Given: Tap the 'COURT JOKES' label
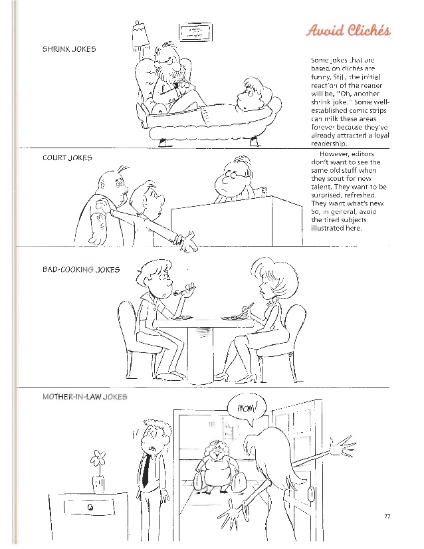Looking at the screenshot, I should pos(67,158).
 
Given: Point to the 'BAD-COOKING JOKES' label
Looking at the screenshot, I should pos(81,269).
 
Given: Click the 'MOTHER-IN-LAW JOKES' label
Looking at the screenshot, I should pos(84,397).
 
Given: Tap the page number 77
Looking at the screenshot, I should pos(388,516).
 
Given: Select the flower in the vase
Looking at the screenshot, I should pos(98,459).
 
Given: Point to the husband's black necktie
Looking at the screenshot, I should pos(144,469).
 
